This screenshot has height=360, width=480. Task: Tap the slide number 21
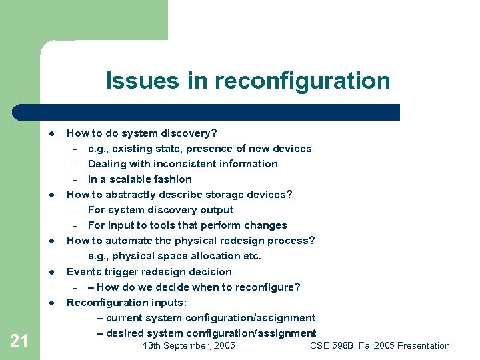click(19, 341)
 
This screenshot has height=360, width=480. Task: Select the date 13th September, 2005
click(189, 345)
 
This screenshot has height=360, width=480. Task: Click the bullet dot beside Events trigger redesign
click(51, 273)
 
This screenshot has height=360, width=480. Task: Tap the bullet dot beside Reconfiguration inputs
click(51, 303)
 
